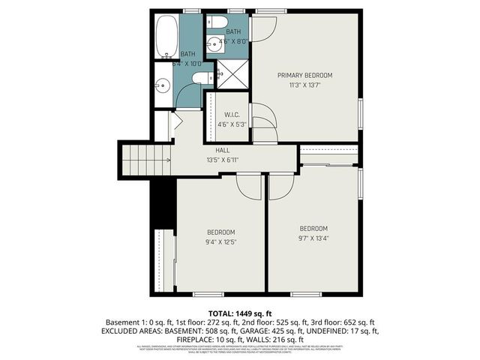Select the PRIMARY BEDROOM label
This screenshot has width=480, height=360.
pyautogui.click(x=304, y=75)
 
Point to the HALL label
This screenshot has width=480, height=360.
pyautogui.click(x=222, y=151)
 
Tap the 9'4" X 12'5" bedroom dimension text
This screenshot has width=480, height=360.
pyautogui.click(x=221, y=241)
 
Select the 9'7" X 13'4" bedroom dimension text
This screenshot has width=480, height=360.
pyautogui.click(x=314, y=238)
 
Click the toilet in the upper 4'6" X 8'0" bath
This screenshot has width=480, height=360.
pyautogui.click(x=216, y=22)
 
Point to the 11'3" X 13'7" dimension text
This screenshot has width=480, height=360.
pyautogui.click(x=304, y=85)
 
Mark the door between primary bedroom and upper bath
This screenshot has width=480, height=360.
pyautogui.click(x=265, y=28)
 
